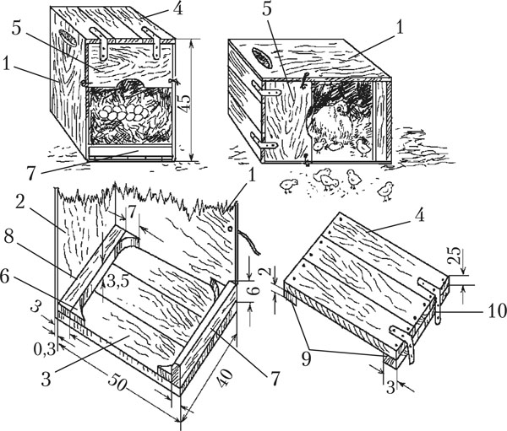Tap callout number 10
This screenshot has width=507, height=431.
point(495,310)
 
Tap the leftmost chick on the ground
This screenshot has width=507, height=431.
point(290,183)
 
